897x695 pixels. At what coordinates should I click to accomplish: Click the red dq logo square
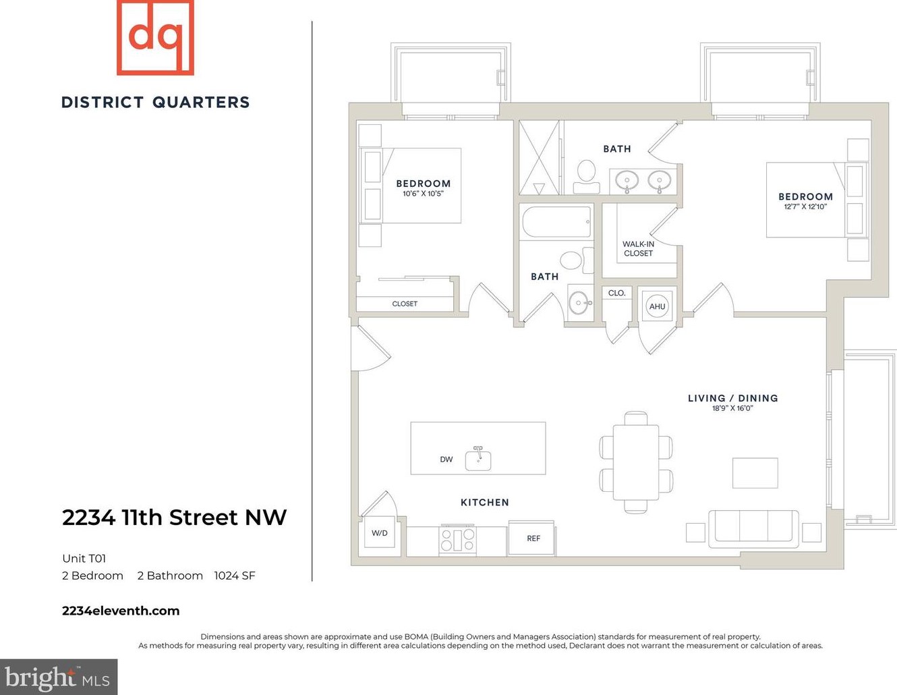[155, 37]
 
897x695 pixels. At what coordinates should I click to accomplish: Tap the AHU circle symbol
[657, 306]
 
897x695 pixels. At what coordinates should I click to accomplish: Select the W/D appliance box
[380, 534]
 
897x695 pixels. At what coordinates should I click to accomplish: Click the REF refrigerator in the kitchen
[531, 538]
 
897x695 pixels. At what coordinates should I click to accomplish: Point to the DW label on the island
[446, 460]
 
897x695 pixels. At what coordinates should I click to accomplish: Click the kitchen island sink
[478, 459]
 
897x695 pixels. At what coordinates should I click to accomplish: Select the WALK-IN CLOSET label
[638, 249]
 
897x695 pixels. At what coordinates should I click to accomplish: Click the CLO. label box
[617, 293]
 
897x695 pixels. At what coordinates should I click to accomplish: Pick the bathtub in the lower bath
[556, 223]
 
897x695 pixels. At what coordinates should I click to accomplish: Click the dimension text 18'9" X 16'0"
[732, 408]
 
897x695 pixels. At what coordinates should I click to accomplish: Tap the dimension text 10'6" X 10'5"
[423, 194]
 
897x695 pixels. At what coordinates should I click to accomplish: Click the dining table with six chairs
[635, 462]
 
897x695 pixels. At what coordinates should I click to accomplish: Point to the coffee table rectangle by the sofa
[755, 472]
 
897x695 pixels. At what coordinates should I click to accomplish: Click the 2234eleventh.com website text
[121, 611]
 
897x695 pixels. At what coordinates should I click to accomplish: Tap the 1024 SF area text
[234, 576]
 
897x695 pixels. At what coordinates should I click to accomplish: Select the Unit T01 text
[84, 558]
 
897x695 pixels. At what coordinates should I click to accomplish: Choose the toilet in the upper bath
[587, 177]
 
